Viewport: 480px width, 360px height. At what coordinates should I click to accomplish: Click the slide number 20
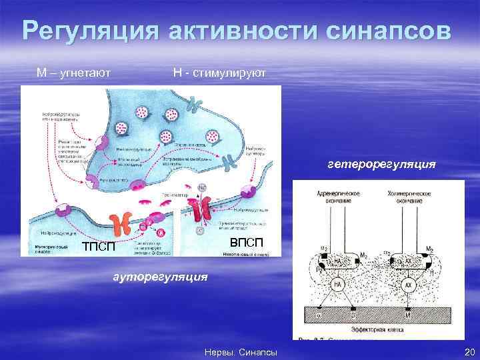(467, 351)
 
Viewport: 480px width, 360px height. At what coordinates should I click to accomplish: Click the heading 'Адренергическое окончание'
(340, 196)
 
